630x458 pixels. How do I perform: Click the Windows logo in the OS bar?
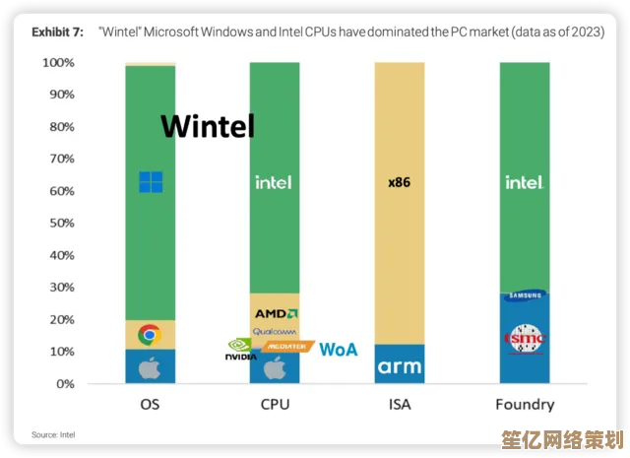tap(151, 181)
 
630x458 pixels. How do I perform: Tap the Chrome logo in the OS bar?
tap(150, 335)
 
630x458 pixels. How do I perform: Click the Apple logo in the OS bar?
tap(150, 368)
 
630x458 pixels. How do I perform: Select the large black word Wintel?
tap(208, 126)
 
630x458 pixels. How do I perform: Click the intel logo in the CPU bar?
tap(274, 182)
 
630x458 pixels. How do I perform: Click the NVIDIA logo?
tap(241, 349)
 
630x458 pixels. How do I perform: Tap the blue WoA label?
tap(338, 350)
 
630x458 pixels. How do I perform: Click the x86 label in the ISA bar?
tap(399, 182)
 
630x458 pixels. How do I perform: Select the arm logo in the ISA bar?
tap(399, 367)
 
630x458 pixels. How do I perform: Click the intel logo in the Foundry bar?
tap(524, 182)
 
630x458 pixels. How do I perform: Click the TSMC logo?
tap(524, 338)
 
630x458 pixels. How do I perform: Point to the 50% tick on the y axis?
tap(59, 223)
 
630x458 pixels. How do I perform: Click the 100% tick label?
tap(57, 63)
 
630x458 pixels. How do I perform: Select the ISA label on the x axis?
tap(399, 404)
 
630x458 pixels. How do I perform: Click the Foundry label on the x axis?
tap(524, 404)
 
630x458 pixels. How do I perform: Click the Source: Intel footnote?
tap(53, 434)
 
